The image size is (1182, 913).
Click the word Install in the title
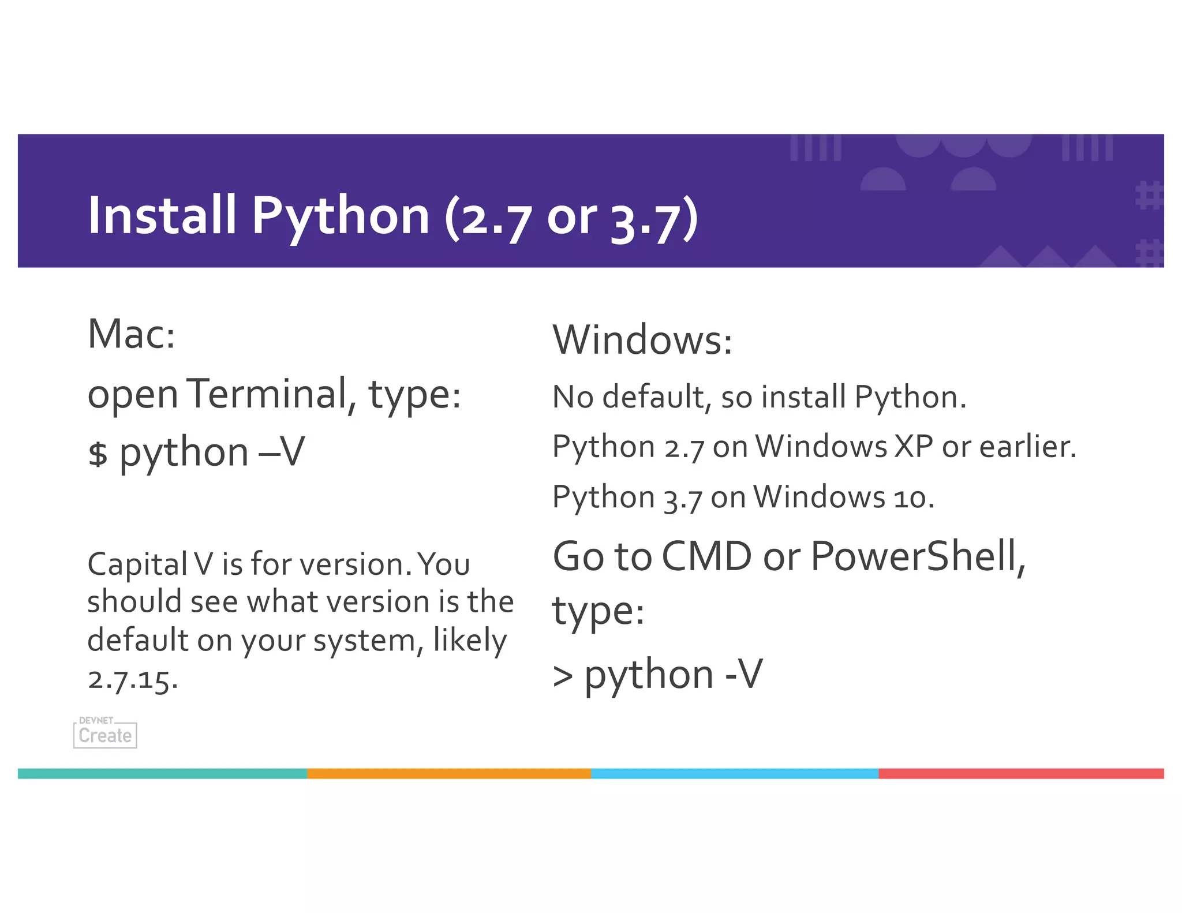162,215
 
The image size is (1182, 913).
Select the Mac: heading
131,334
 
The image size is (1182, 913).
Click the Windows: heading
642,340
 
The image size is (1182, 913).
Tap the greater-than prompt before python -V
563,676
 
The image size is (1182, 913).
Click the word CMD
706,556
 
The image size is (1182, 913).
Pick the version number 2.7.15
132,679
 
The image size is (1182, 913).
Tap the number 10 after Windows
909,497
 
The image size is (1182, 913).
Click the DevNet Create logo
105,734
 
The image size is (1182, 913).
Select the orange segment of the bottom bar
449,773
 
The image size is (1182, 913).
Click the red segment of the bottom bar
1020,773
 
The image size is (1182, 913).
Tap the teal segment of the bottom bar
163,773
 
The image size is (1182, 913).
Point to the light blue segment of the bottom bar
734,773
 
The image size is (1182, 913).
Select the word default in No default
653,397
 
